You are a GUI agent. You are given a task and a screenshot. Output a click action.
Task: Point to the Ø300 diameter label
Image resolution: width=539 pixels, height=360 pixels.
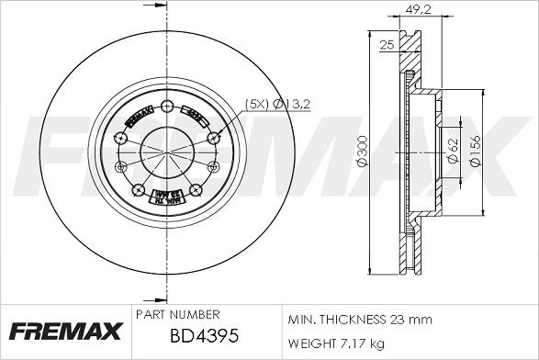click(363, 156)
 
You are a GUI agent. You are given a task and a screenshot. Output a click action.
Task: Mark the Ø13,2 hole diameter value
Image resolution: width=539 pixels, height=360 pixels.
click(294, 105)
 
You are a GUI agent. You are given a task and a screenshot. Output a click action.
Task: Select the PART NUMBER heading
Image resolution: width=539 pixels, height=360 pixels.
click(176, 314)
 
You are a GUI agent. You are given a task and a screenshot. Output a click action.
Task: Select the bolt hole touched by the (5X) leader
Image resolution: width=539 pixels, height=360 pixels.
click(214, 137)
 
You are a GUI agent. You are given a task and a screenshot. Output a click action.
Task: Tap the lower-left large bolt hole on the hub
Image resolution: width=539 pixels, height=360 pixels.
click(138, 191)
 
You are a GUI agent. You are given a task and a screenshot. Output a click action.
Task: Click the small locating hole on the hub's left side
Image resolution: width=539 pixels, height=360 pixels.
click(120, 165)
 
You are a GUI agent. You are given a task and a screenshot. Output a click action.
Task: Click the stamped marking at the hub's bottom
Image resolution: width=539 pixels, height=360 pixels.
click(166, 197)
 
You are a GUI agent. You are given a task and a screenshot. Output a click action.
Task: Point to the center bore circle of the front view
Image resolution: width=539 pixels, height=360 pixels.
click(166, 152)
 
